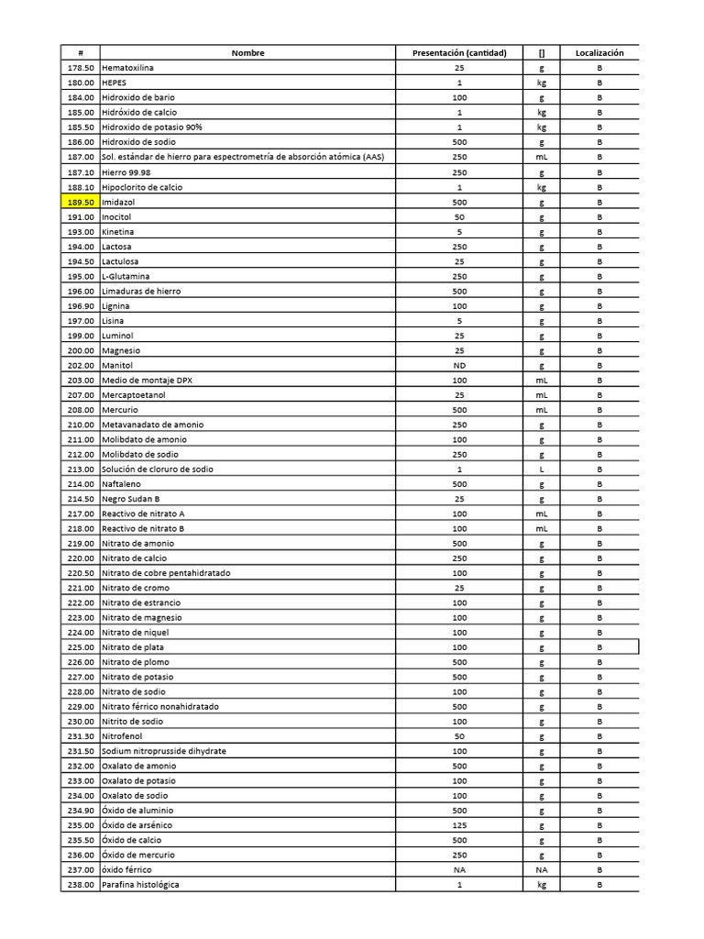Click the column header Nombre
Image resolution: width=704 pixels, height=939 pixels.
[x=247, y=53]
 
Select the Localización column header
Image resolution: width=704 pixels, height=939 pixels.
[x=599, y=53]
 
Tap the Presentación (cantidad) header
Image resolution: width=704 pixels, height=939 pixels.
[x=459, y=53]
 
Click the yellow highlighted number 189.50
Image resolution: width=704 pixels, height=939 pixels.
[x=81, y=202]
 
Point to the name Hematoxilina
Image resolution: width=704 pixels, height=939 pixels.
[x=128, y=69]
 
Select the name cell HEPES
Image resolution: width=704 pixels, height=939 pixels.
[x=115, y=83]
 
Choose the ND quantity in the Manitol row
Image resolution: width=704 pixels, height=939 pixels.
[x=459, y=365]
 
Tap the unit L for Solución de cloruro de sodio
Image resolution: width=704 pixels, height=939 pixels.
[x=542, y=469]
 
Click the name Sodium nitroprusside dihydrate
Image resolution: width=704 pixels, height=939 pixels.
[x=164, y=751]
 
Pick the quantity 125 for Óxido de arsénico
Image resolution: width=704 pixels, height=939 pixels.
[x=459, y=825]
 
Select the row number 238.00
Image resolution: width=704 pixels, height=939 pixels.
[x=81, y=885]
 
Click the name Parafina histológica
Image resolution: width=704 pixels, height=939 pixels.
[x=140, y=885]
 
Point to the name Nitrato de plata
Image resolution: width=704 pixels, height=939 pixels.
[x=133, y=647]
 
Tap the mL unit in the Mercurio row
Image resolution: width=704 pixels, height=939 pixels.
[x=542, y=410]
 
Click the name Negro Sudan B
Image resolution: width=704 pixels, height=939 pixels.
[x=130, y=499]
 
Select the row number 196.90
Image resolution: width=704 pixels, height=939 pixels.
[x=81, y=306]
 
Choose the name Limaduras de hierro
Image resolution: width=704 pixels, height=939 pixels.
[x=141, y=292]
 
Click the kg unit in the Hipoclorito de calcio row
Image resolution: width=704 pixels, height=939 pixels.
[x=542, y=187]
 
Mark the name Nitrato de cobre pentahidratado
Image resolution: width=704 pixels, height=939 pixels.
[x=166, y=573]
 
